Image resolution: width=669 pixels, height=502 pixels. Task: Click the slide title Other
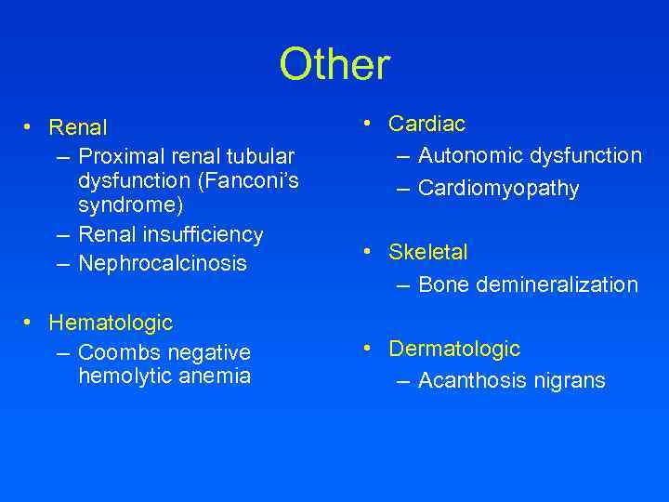click(x=334, y=65)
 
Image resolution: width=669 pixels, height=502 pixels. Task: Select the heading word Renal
click(x=78, y=126)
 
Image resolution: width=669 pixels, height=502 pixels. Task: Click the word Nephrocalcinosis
click(x=163, y=264)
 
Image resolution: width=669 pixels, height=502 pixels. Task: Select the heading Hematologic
click(x=111, y=324)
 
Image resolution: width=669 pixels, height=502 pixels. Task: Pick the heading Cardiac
click(x=426, y=124)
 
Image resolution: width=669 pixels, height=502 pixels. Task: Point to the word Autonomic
click(x=468, y=156)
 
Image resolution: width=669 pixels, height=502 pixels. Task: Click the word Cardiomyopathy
click(x=498, y=189)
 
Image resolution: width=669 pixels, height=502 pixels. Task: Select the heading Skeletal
click(x=427, y=252)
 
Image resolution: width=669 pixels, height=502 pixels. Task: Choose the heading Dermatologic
click(x=454, y=349)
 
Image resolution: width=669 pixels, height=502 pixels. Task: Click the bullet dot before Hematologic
click(x=30, y=323)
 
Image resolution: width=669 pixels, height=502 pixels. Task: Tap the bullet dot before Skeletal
click(x=369, y=251)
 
